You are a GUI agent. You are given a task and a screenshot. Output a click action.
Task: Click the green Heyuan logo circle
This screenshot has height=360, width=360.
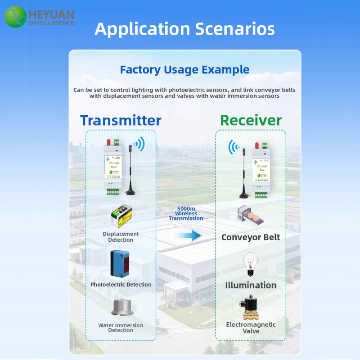pos(15,17)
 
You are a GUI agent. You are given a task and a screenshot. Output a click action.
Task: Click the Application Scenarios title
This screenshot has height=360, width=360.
pos(184,29)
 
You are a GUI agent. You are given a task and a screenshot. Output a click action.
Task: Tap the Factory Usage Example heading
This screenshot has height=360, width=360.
pos(184,70)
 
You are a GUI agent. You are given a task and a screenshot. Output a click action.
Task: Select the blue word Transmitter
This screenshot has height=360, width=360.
pos(121,120)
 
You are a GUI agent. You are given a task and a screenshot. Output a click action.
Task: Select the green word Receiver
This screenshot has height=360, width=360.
pos(251,120)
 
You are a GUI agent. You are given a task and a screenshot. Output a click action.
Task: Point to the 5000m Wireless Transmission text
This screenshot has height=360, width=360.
pos(186,214)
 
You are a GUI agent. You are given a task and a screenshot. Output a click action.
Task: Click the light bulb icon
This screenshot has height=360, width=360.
pos(250,264)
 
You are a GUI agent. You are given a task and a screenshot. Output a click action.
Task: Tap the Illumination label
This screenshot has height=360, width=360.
pos(251,285)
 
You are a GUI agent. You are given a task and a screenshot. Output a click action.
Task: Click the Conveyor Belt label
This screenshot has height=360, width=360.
pos(251,237)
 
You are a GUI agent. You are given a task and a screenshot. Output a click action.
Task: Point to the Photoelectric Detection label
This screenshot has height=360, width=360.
pos(121,284)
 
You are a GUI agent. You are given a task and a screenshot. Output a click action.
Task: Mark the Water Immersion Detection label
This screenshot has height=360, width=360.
pos(121,328)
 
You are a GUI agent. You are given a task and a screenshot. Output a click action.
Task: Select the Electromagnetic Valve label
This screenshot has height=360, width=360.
pos(251,328)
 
